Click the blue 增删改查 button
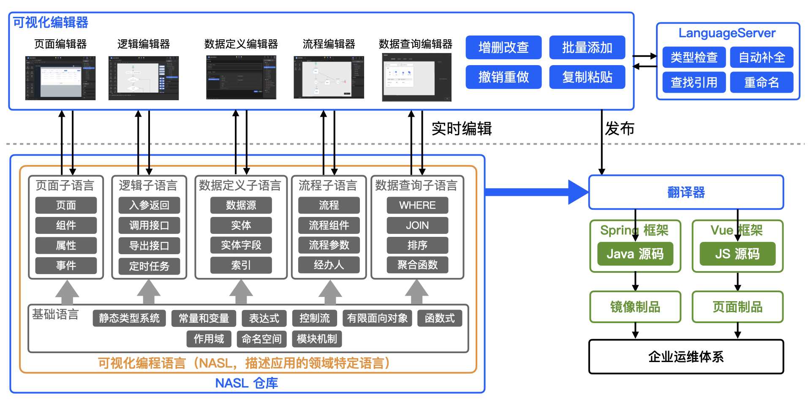(x=503, y=47)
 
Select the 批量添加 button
(x=587, y=47)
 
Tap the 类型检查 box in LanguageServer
(x=694, y=57)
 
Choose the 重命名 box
(x=762, y=82)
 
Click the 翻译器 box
(x=686, y=192)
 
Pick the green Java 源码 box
(x=635, y=254)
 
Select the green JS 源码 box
(x=738, y=254)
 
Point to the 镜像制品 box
(x=635, y=307)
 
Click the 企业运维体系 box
(x=686, y=357)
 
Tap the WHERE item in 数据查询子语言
(x=417, y=205)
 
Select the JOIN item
(x=417, y=225)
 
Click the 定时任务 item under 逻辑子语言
(x=149, y=266)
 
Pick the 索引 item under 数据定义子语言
(x=241, y=265)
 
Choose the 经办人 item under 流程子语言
(x=329, y=265)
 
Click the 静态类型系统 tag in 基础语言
(x=129, y=318)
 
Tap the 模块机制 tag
(x=317, y=339)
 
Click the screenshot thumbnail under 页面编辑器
(x=60, y=78)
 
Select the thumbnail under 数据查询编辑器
(x=416, y=77)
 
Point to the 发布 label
(x=619, y=129)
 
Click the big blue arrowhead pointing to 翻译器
(x=578, y=192)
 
